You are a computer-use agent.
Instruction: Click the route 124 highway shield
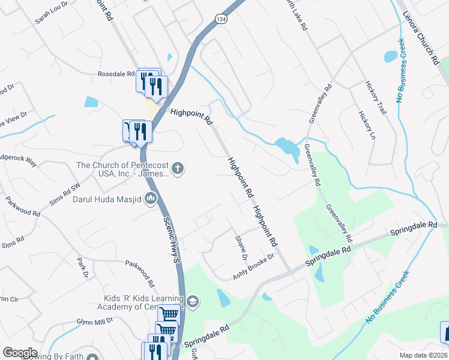point(221,19)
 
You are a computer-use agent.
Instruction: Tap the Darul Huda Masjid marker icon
point(151,197)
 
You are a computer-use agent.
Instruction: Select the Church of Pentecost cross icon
point(177,169)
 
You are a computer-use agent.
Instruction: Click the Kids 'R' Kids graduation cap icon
point(193,301)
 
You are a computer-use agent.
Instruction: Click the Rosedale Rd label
point(116,74)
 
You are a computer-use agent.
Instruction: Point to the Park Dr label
point(83,268)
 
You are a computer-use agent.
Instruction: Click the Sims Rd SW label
point(65,195)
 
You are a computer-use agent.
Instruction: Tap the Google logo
point(20,353)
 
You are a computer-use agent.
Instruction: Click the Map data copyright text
point(424,355)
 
